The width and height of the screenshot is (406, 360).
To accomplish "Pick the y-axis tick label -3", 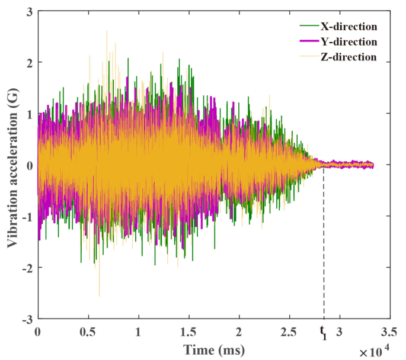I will pyautogui.click(x=27, y=319).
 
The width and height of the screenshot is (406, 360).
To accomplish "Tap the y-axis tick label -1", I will pyautogui.click(x=27, y=216).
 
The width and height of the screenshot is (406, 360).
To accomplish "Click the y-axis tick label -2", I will pyautogui.click(x=27, y=268).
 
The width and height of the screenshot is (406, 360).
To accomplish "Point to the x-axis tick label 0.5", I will pyautogui.click(x=88, y=331).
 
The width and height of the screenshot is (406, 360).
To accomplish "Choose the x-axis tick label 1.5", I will pyautogui.click(x=189, y=331).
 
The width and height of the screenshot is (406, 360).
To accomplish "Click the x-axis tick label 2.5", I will pyautogui.click(x=289, y=331).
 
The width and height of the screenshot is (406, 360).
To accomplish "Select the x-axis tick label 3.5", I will pyautogui.click(x=389, y=331).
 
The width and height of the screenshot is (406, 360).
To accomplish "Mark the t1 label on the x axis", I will pyautogui.click(x=324, y=331).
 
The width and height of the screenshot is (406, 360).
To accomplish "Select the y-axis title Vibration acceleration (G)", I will pyautogui.click(x=11, y=165).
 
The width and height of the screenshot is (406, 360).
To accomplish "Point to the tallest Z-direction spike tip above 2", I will pyautogui.click(x=107, y=31).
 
